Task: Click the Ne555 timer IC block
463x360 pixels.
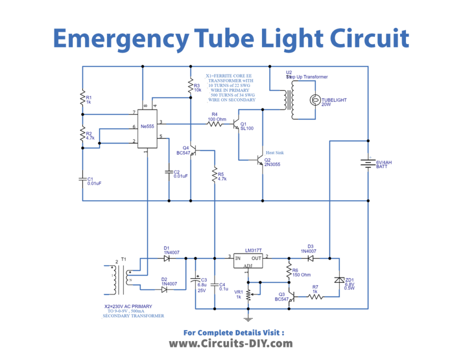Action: [147, 128]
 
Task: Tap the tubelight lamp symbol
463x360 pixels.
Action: [315, 100]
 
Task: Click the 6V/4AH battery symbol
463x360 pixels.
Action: [368, 163]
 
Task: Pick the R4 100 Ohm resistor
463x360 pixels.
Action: [214, 122]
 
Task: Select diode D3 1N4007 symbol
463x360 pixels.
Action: [310, 258]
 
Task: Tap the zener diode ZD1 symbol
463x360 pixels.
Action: [339, 281]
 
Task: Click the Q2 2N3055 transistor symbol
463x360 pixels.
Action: [259, 160]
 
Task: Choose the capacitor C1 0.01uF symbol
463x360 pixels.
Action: [82, 179]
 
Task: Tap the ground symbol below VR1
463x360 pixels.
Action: [247, 318]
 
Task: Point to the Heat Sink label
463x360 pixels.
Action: [276, 152]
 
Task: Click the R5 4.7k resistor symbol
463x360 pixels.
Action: [214, 175]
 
